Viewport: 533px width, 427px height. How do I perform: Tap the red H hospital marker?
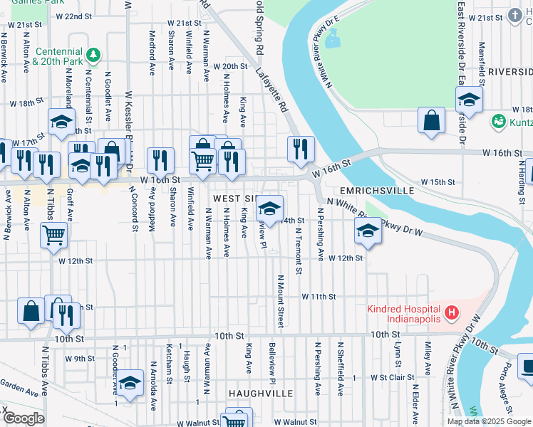(450, 312)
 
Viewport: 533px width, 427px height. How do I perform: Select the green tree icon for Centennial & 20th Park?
(92, 54)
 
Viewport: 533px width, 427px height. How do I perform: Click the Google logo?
(24, 418)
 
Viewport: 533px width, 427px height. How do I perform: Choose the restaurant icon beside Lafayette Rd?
(301, 148)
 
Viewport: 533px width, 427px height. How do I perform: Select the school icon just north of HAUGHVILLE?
(130, 384)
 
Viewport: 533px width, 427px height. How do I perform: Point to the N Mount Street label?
(281, 302)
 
